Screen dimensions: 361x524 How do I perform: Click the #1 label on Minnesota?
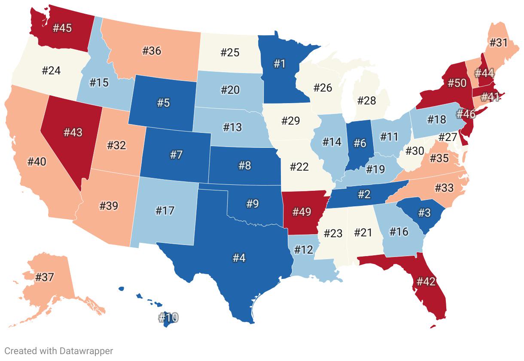coord(280,64)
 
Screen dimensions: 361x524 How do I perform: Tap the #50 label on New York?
coord(457,83)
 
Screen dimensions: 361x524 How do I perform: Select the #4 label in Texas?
coord(239,258)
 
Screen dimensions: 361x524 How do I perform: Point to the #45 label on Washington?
coord(62,28)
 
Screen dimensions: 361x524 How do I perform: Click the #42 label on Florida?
coord(426,281)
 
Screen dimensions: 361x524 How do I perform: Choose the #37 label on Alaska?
coord(44,277)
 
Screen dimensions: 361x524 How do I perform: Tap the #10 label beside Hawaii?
coord(168,318)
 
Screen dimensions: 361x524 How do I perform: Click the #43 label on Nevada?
coord(73,132)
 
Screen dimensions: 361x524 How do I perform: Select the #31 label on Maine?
coord(498,43)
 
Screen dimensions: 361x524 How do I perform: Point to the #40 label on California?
coord(37,162)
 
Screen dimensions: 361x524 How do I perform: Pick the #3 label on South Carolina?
coord(424,212)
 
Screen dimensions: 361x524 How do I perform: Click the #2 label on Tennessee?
coord(364,194)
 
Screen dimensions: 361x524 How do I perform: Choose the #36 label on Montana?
coord(152,51)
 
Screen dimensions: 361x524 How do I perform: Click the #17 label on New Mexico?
coord(165,211)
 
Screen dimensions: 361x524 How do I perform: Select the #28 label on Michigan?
coord(366,101)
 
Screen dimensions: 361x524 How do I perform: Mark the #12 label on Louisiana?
coord(304,249)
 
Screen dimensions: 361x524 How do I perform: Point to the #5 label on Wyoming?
coord(163,103)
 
